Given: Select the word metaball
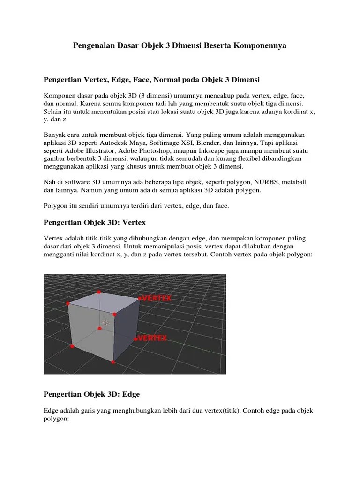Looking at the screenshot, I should click(x=292, y=182).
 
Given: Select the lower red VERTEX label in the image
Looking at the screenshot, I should click(x=153, y=338).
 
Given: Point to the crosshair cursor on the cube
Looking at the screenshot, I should click(x=105, y=322).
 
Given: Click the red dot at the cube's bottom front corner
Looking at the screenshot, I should click(x=113, y=361).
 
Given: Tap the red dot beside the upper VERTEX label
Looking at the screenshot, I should click(x=139, y=298).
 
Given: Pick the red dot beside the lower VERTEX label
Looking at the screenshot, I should click(x=135, y=338).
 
